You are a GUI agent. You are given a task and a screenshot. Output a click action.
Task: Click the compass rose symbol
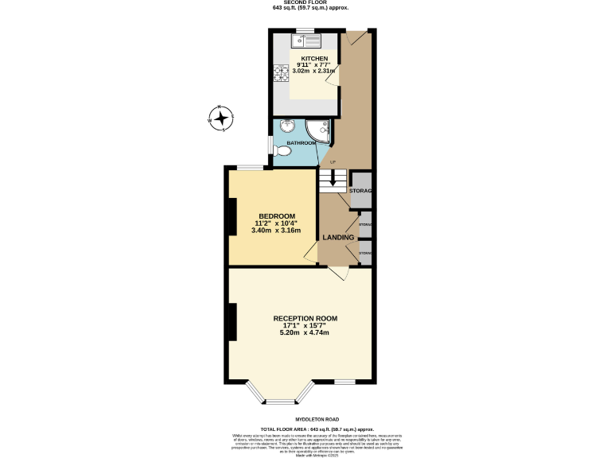coord(220,119)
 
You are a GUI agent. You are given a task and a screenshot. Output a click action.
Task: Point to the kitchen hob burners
coord(281,74)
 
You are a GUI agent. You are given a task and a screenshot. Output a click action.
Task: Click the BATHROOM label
coord(302,143)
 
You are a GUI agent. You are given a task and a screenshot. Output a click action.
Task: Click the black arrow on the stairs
coord(333,180)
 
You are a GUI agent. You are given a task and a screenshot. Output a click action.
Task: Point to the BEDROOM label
coord(277,216)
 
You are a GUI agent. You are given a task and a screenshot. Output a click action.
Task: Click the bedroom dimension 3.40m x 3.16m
coord(276,231)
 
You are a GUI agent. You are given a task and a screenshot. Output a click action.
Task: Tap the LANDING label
coord(338,238)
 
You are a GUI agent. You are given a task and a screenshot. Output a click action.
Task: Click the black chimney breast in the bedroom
coord(232,216)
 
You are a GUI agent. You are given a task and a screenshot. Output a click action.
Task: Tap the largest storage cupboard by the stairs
coord(361,191)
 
